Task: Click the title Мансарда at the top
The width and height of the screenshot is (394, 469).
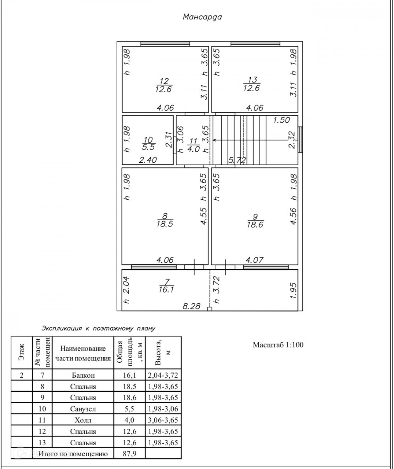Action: (202, 17)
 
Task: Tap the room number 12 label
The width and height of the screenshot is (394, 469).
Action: (164, 81)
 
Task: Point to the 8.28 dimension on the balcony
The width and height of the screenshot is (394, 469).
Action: (191, 306)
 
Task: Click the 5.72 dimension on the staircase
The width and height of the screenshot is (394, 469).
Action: (237, 160)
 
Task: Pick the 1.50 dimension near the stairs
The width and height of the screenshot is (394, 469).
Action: (281, 120)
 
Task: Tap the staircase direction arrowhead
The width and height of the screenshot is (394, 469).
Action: (214, 140)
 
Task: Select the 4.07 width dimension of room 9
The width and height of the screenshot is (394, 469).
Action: (254, 260)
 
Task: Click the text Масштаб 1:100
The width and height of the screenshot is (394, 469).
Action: (278, 345)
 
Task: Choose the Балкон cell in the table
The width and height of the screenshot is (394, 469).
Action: (83, 375)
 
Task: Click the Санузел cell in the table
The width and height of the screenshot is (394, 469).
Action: (83, 409)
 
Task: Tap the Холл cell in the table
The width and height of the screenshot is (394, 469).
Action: (83, 420)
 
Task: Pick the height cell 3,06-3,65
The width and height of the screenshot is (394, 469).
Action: (163, 420)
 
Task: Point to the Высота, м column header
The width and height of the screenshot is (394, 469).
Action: (163, 352)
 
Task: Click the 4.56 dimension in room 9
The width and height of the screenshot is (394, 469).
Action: (293, 216)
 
